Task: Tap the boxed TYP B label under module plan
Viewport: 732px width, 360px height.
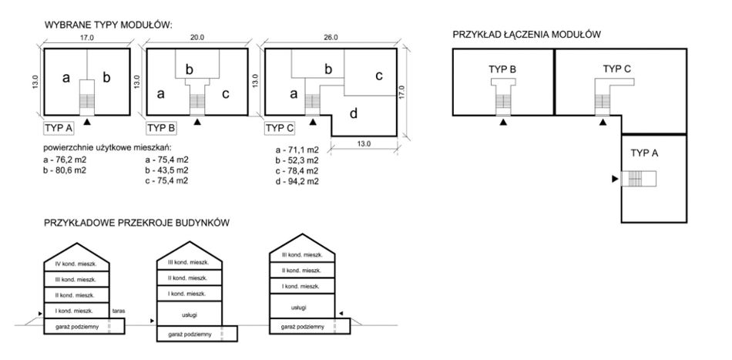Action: point(162,127)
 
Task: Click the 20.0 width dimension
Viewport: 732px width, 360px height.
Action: point(196,37)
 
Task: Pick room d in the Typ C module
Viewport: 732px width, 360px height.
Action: point(353,115)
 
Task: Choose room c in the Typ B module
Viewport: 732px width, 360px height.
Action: point(224,94)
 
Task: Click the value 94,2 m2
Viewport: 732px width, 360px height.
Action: point(297,182)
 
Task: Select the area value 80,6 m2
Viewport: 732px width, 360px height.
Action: point(64,169)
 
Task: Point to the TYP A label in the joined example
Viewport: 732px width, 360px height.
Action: point(645,153)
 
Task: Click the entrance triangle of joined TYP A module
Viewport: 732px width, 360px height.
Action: point(615,179)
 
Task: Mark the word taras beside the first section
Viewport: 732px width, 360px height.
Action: point(118,311)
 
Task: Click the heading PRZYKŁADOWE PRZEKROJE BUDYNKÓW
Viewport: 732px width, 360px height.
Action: point(137,223)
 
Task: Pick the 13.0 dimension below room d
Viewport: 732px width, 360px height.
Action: point(364,143)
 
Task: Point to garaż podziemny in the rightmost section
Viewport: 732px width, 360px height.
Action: point(303,327)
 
